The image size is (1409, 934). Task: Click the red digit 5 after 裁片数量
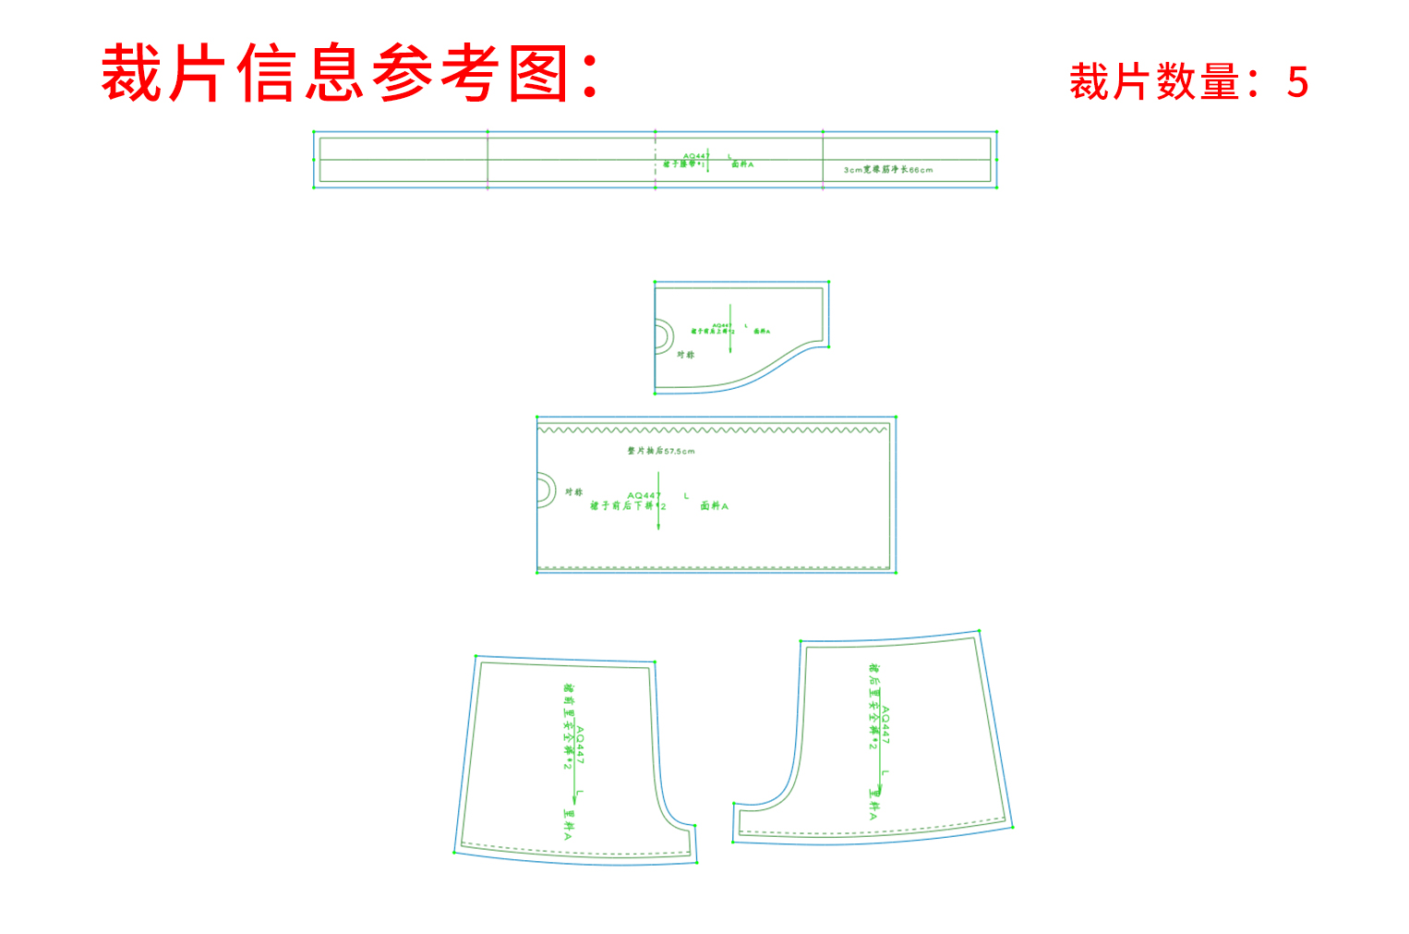click(1297, 83)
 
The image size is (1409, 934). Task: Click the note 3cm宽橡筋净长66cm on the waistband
click(888, 170)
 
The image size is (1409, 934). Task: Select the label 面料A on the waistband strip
click(742, 164)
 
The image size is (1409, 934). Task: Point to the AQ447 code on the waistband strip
click(694, 156)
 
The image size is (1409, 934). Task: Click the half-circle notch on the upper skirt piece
click(663, 335)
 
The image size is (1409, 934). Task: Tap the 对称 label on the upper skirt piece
click(685, 355)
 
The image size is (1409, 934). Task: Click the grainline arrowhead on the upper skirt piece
click(730, 350)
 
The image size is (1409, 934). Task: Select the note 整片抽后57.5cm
click(661, 451)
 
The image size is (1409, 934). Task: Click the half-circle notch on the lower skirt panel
click(546, 490)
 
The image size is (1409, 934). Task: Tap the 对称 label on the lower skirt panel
click(574, 492)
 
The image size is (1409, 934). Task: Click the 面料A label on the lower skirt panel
click(714, 506)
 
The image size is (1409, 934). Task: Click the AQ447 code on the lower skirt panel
click(644, 496)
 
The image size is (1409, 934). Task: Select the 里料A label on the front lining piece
click(568, 824)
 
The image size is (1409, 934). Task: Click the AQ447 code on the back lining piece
click(885, 725)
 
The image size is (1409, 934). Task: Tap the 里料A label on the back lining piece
click(873, 804)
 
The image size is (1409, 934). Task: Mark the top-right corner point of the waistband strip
click(996, 133)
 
